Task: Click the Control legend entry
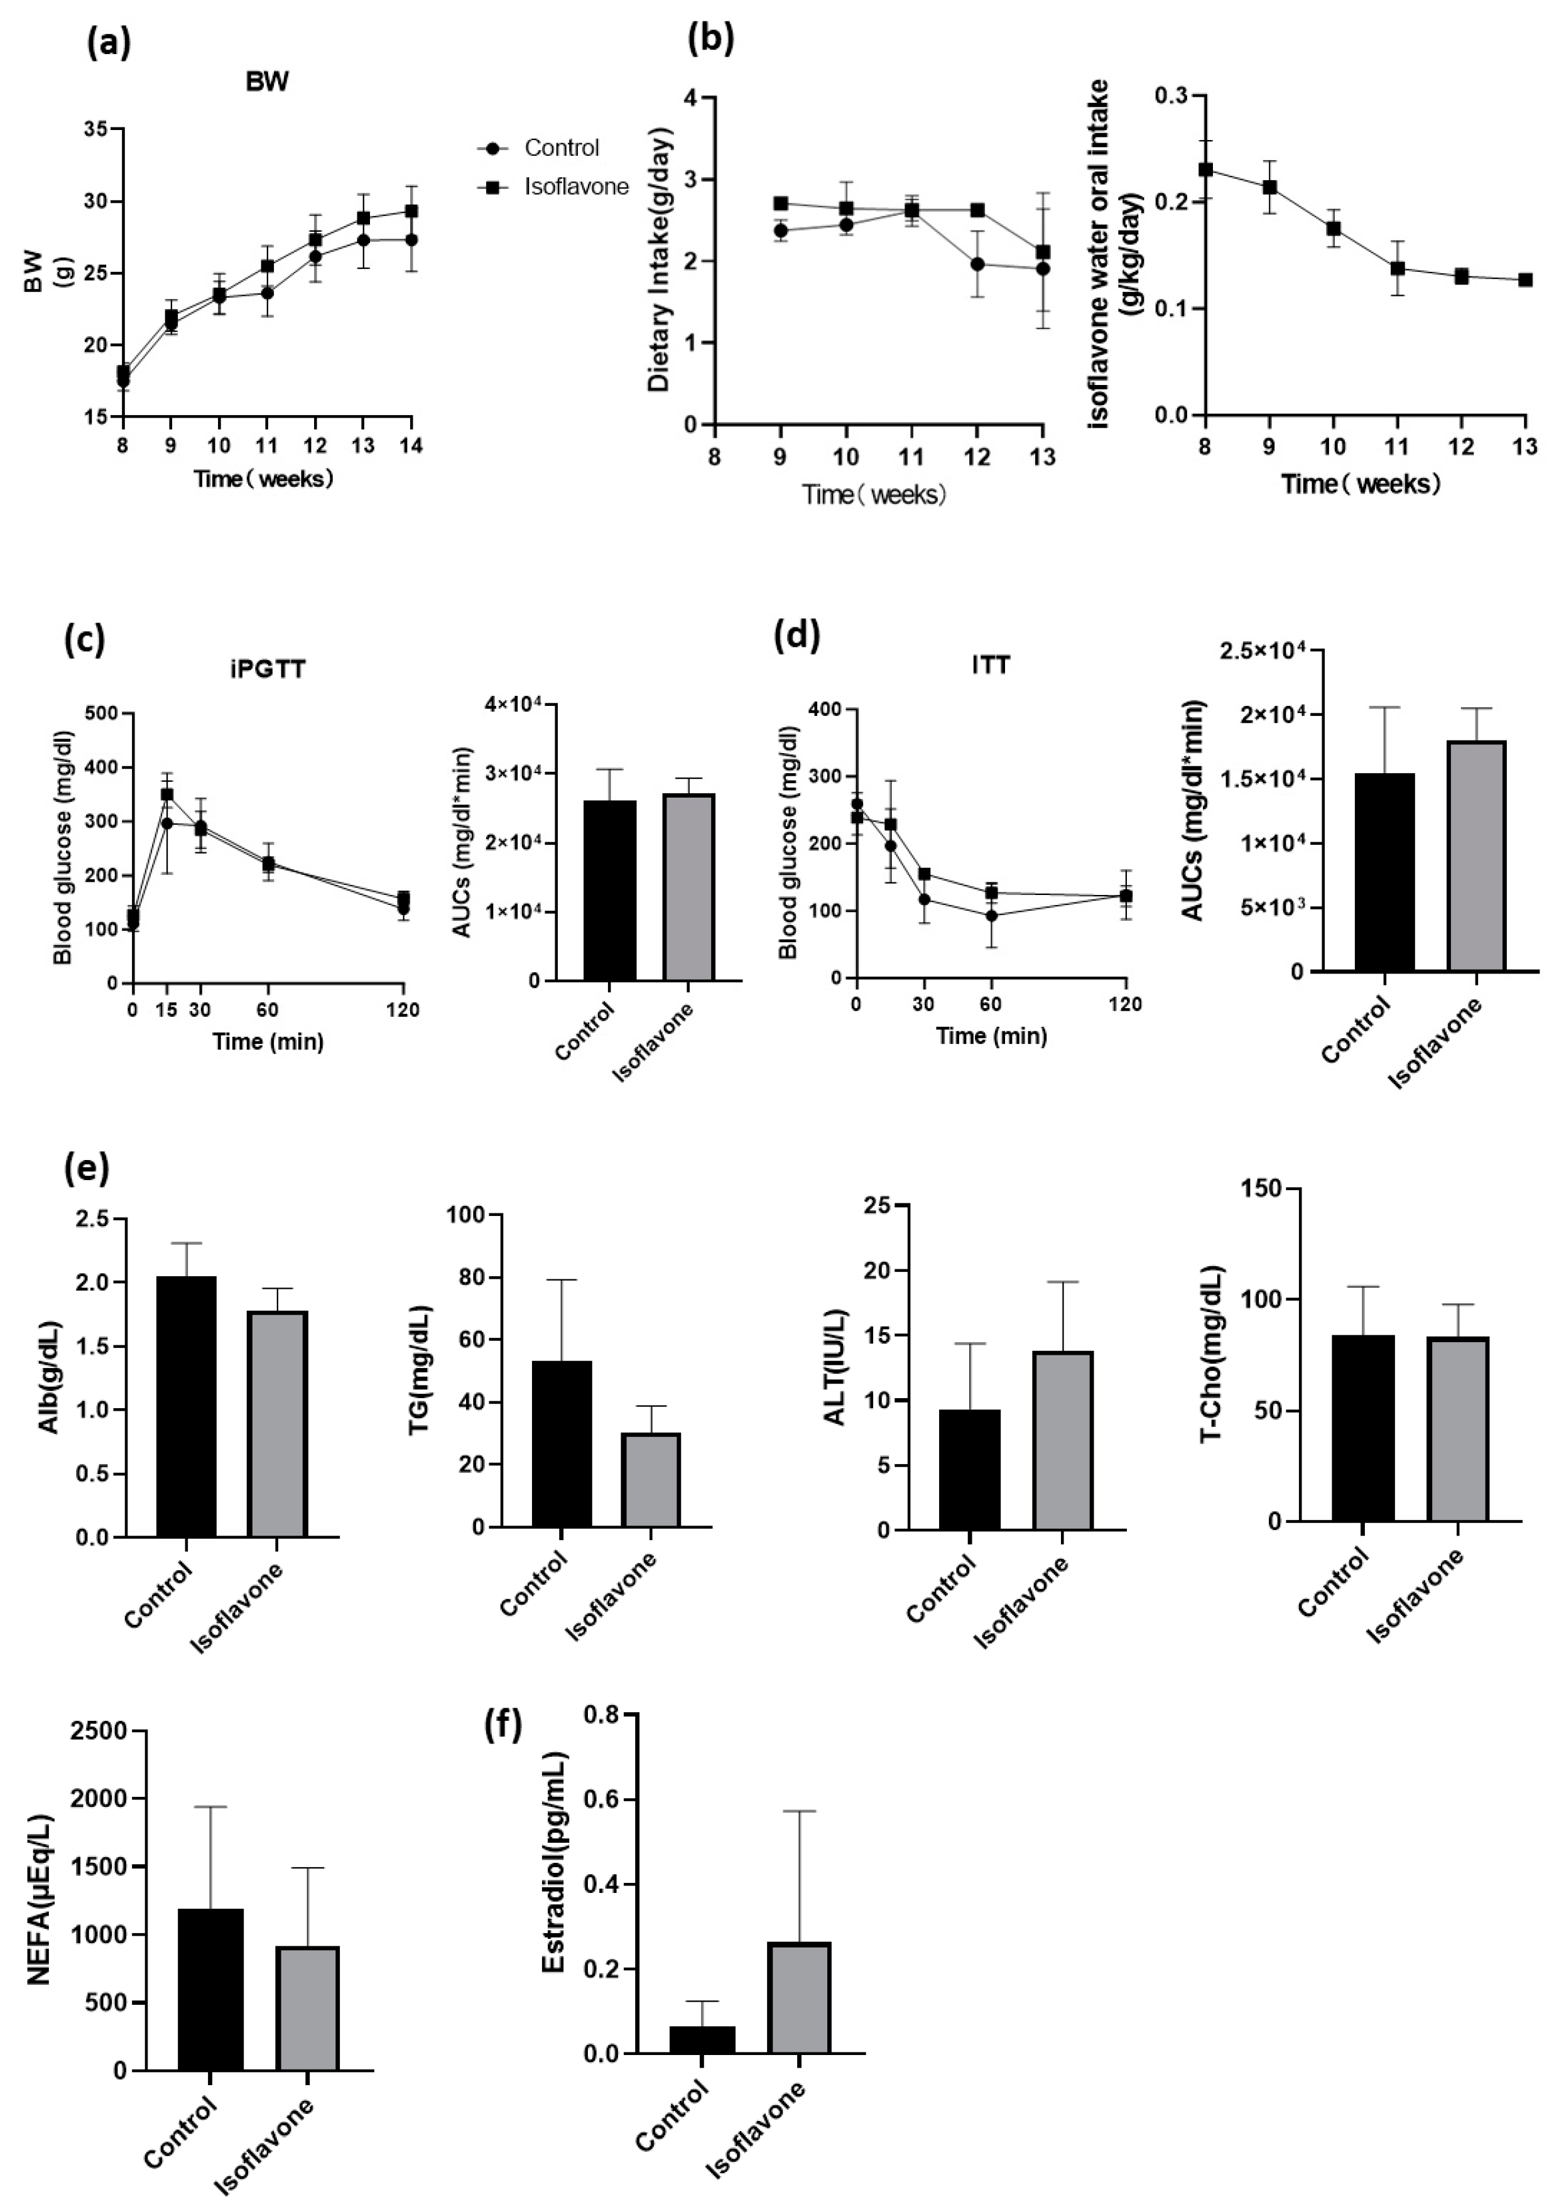[x=560, y=148]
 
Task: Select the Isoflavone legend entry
[x=575, y=187]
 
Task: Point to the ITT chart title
[x=990, y=664]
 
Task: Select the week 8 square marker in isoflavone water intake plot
[x=1205, y=170]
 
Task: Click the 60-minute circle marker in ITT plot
[x=991, y=916]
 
